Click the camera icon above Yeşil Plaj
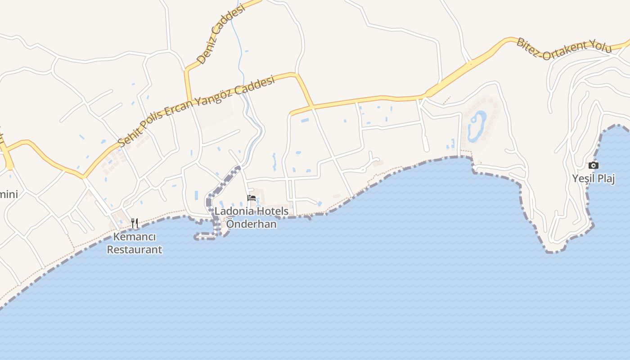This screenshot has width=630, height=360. pos(594,165)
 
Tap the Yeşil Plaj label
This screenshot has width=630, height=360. pos(594,179)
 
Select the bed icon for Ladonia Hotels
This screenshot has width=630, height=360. pos(252,198)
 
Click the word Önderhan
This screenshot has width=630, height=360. pos(251,224)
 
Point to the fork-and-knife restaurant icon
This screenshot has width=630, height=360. pos(134,223)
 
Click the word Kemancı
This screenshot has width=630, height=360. pos(134,237)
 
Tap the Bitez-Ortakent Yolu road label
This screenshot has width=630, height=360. pos(563,49)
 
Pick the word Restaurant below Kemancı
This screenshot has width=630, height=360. pos(134,249)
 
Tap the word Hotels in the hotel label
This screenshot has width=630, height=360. pos(273,211)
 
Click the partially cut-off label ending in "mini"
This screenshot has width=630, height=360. pos(9,194)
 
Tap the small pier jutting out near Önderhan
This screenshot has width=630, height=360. pos(205,236)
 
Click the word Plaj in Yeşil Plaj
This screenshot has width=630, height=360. pos(606,179)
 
